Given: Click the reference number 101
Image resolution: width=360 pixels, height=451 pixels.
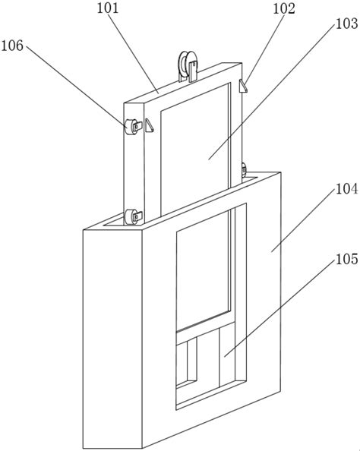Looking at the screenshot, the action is pyautogui.click(x=108, y=8).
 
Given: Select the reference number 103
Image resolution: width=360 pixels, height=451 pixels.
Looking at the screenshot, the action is pyautogui.click(x=347, y=24).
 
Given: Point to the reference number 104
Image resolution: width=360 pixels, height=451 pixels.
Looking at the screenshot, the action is pyautogui.click(x=347, y=189).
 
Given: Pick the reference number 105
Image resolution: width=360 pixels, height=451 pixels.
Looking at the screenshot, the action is pyautogui.click(x=347, y=259).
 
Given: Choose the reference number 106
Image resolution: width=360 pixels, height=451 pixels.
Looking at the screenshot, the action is pyautogui.click(x=12, y=46).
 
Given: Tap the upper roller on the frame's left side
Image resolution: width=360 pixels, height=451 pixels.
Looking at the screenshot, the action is pyautogui.click(x=131, y=127).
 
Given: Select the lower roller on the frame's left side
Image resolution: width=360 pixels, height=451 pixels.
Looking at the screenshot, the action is pyautogui.click(x=131, y=217).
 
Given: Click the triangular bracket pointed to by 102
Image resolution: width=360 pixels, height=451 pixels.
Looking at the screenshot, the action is pyautogui.click(x=243, y=87).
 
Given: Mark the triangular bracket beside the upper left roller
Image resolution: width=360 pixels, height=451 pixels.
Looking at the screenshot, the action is pyautogui.click(x=149, y=125).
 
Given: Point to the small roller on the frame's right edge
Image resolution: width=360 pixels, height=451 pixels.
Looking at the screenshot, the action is pyautogui.click(x=244, y=170).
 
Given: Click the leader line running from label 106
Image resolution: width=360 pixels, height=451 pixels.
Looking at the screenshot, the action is pyautogui.click(x=77, y=86).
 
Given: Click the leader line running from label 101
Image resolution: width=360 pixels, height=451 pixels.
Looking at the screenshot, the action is pyautogui.click(x=133, y=53).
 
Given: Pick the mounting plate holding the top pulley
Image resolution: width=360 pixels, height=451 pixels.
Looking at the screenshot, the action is pyautogui.click(x=194, y=71).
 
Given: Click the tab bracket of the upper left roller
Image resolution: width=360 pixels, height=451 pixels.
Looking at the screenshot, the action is pyautogui.click(x=138, y=126).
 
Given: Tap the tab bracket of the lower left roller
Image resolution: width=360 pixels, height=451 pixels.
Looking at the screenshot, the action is pyautogui.click(x=138, y=216).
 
